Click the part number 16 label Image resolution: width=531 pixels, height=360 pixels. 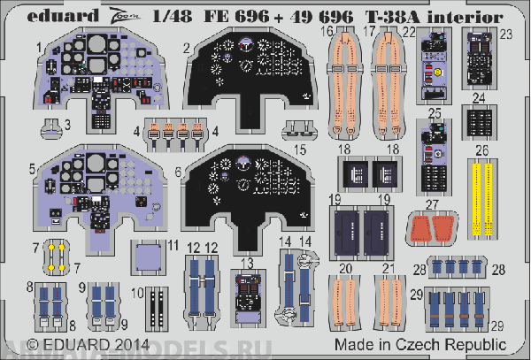(x=327, y=31)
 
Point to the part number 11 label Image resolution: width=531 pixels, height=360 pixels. (x=173, y=244)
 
